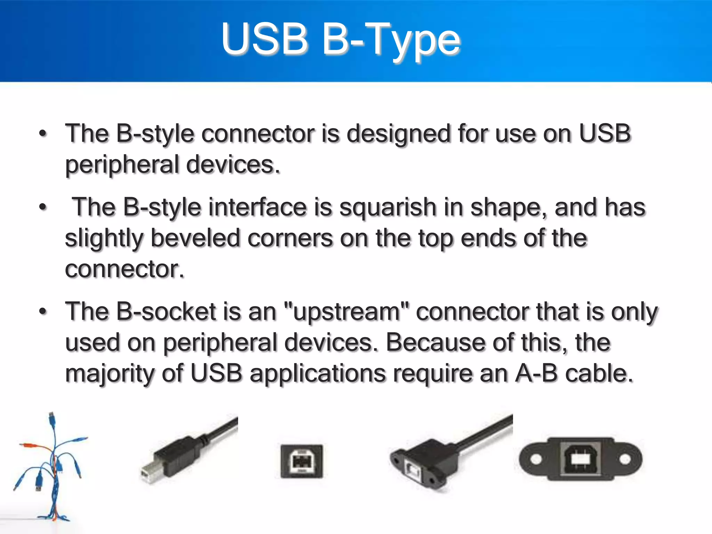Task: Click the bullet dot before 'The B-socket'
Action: (43, 311)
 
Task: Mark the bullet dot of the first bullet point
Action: (43, 133)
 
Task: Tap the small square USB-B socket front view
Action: (301, 461)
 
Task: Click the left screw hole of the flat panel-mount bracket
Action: (536, 459)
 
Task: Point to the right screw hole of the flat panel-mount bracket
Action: (625, 459)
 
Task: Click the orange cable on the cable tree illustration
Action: (35, 446)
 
